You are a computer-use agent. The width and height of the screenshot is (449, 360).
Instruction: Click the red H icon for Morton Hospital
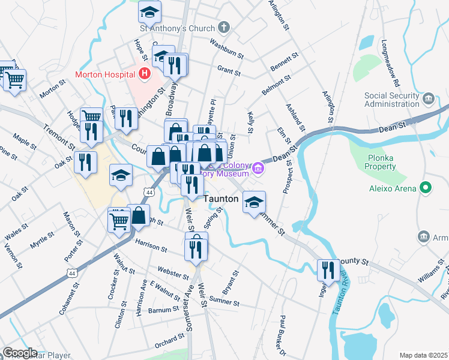144,74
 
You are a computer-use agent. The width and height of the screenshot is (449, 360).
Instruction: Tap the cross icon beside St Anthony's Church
224,28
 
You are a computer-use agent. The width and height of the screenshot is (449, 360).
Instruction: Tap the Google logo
19,353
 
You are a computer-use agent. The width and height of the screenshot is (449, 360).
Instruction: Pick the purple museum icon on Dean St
258,167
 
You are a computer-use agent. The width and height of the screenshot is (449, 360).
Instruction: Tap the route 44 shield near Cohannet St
72,273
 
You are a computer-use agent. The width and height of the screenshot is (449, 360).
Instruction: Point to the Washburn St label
227,49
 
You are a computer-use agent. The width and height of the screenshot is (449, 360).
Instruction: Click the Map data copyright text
423,355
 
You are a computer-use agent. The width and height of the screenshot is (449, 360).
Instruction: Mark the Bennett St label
284,60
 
